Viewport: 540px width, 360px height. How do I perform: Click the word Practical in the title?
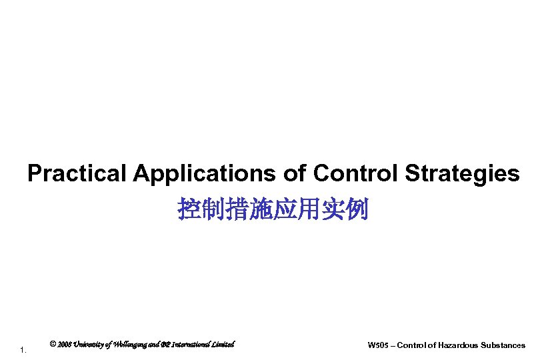pyautogui.click(x=76, y=174)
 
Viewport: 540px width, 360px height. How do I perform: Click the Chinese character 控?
pyautogui.click(x=189, y=209)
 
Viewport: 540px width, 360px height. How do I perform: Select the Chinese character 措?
pyautogui.click(x=237, y=209)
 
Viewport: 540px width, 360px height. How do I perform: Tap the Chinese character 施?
pyautogui.click(x=261, y=209)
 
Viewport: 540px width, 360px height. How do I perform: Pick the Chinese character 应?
pyautogui.click(x=285, y=209)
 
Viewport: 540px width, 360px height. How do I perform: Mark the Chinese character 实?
pyautogui.click(x=333, y=209)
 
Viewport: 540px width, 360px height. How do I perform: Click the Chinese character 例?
pyautogui.click(x=357, y=209)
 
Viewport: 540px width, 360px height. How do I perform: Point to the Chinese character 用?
pyautogui.click(x=309, y=209)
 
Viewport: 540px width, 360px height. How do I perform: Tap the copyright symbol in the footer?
pyautogui.click(x=53, y=345)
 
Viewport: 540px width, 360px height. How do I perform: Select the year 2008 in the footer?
pyautogui.click(x=64, y=345)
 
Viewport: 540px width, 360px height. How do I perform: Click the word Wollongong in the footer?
pyautogui.click(x=126, y=345)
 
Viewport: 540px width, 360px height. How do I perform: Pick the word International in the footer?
pyautogui.click(x=192, y=345)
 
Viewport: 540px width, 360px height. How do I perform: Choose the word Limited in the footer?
pyautogui.click(x=224, y=345)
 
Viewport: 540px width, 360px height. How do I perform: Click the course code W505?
pyautogui.click(x=377, y=345)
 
